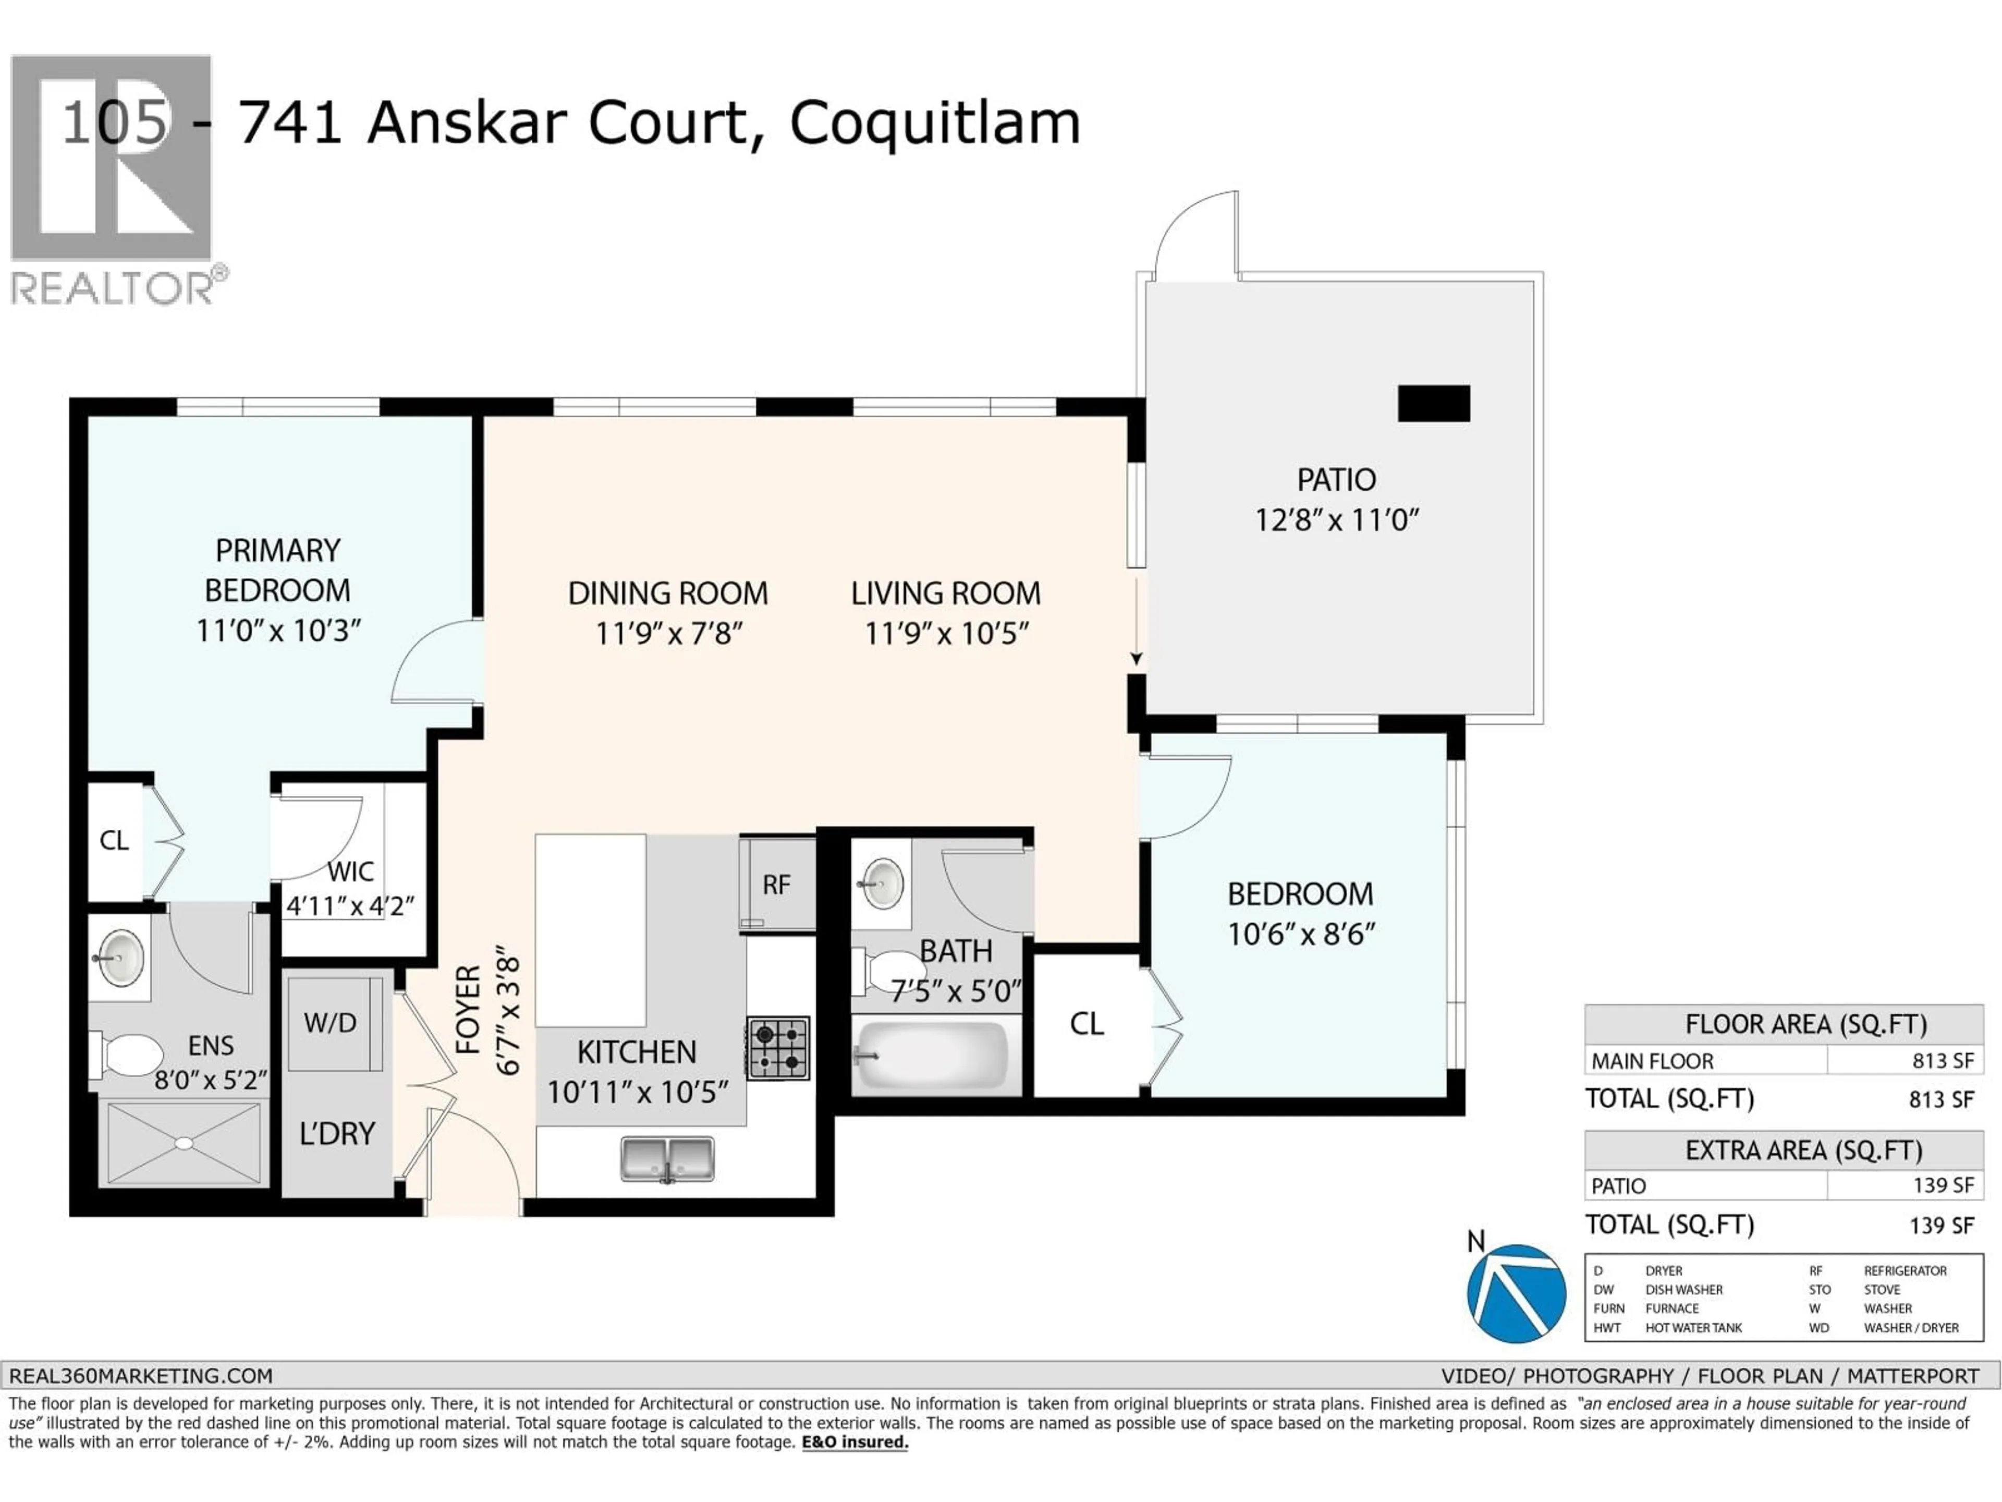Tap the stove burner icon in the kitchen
777,1048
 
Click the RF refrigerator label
776,885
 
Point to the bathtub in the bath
931,1056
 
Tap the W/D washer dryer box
331,1023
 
